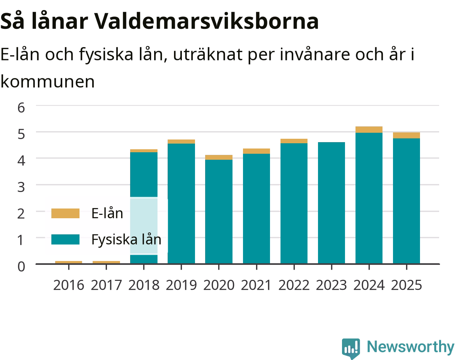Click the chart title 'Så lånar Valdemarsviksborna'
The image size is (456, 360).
(x=159, y=21)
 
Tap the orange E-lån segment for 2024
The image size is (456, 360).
(x=369, y=129)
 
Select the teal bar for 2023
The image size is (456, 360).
(x=331, y=203)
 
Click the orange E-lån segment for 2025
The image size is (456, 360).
(x=406, y=135)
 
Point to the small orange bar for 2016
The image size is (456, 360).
(x=69, y=262)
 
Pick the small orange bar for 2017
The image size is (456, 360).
(x=106, y=262)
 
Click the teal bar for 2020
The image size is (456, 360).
(x=219, y=211)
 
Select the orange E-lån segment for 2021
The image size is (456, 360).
(x=256, y=151)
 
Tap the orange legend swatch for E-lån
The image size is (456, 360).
(x=65, y=213)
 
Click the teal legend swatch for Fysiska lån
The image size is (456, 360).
(x=65, y=239)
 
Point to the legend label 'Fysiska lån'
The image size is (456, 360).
(x=126, y=240)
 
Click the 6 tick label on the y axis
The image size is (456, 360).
(x=21, y=108)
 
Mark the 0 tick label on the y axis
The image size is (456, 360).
(x=21, y=267)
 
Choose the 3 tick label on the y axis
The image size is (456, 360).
(x=21, y=187)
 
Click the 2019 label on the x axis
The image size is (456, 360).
(x=181, y=285)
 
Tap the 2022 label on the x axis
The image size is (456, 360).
(x=294, y=285)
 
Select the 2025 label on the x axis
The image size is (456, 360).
(x=406, y=285)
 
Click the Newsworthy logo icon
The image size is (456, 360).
(x=351, y=348)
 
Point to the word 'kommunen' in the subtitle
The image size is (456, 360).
(x=48, y=82)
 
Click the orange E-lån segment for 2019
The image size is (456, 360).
(x=181, y=141)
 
